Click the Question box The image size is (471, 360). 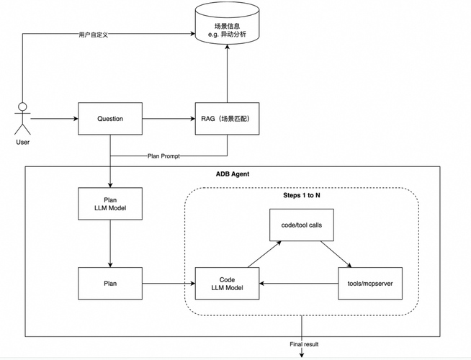click(x=110, y=119)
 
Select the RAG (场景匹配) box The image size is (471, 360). click(x=227, y=119)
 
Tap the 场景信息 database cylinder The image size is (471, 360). click(x=227, y=23)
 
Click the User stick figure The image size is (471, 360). click(x=22, y=119)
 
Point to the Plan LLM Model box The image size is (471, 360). click(x=110, y=204)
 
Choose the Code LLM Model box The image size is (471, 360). click(x=227, y=284)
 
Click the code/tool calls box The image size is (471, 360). click(x=302, y=225)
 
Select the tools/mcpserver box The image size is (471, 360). click(x=370, y=284)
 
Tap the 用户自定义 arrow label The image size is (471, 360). click(x=93, y=35)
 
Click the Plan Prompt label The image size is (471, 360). click(x=163, y=156)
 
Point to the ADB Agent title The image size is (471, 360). click(x=233, y=174)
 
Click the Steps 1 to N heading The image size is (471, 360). click(x=302, y=195)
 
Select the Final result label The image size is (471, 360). click(x=304, y=344)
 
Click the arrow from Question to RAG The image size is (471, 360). click(x=169, y=119)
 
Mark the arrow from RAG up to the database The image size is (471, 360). click(x=227, y=73)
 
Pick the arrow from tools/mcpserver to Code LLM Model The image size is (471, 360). click(x=299, y=284)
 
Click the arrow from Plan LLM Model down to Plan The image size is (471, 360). click(x=110, y=243)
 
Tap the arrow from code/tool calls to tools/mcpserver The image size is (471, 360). click(x=336, y=254)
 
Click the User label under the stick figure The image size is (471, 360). click(x=22, y=142)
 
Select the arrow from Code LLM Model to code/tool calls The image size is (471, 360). click(x=264, y=254)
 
